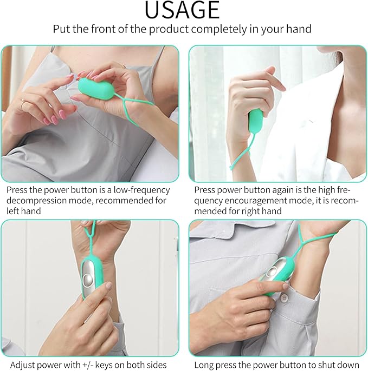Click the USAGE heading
(182, 10)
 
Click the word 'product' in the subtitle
(169, 29)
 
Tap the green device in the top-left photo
(96, 88)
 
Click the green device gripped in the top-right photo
(256, 121)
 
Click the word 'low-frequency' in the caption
(142, 190)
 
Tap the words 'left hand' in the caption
(24, 211)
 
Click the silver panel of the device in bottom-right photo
(273, 270)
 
